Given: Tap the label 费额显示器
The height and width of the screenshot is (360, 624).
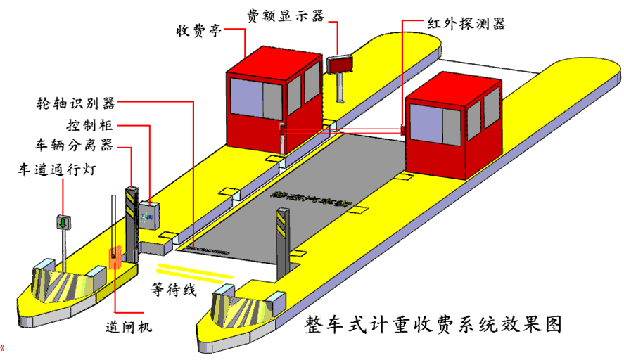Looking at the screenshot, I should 285,15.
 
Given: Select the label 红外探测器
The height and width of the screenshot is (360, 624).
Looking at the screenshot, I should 466,23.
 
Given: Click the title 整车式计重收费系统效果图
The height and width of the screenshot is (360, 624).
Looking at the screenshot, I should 433,325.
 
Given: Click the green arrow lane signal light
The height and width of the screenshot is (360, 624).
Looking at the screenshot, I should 63,222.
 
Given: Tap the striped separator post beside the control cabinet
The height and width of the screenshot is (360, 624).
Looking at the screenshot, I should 131,211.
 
